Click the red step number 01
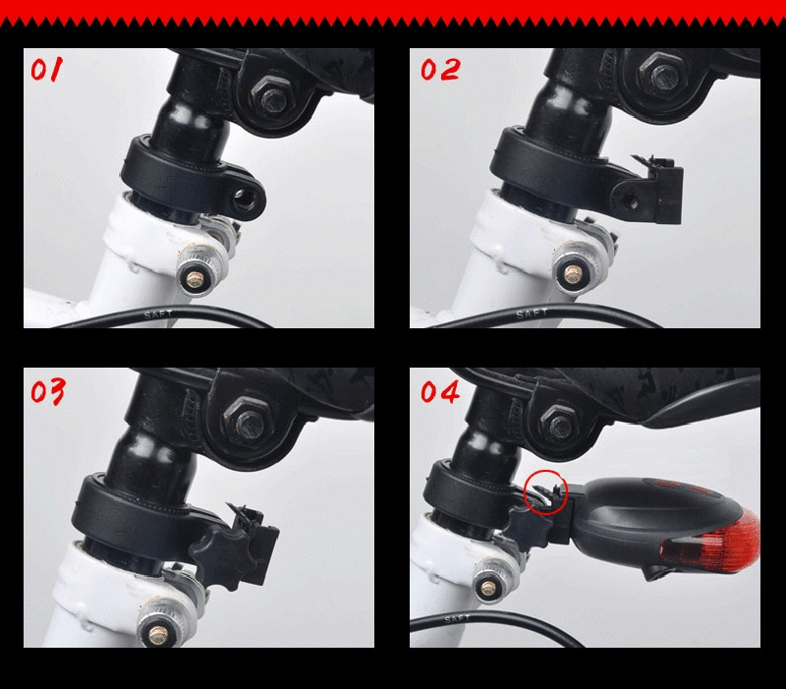tap(48, 72)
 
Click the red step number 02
tap(439, 70)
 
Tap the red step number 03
tap(47, 392)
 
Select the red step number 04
tap(440, 391)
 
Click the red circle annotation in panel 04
tap(546, 490)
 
